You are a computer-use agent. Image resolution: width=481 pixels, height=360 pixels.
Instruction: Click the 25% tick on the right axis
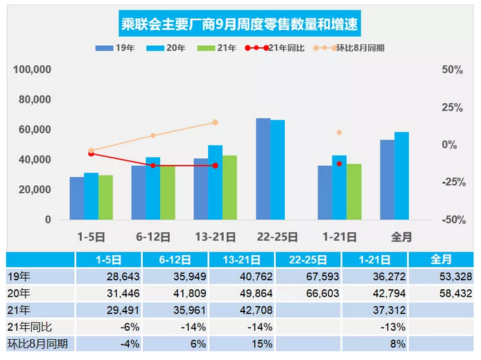pos(453,108)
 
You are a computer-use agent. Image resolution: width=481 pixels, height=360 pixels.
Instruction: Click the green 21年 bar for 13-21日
pos(229,187)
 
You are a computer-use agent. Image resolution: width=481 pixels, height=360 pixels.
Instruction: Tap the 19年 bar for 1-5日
pos(77,198)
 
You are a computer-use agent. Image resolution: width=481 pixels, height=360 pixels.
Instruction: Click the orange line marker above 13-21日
pos(215,122)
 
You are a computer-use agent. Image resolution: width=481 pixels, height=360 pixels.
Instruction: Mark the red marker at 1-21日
pos(339,164)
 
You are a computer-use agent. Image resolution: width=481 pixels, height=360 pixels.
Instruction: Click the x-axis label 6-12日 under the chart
pos(153,237)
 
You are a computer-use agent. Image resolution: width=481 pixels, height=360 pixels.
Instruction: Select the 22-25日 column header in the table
pos(307,259)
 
